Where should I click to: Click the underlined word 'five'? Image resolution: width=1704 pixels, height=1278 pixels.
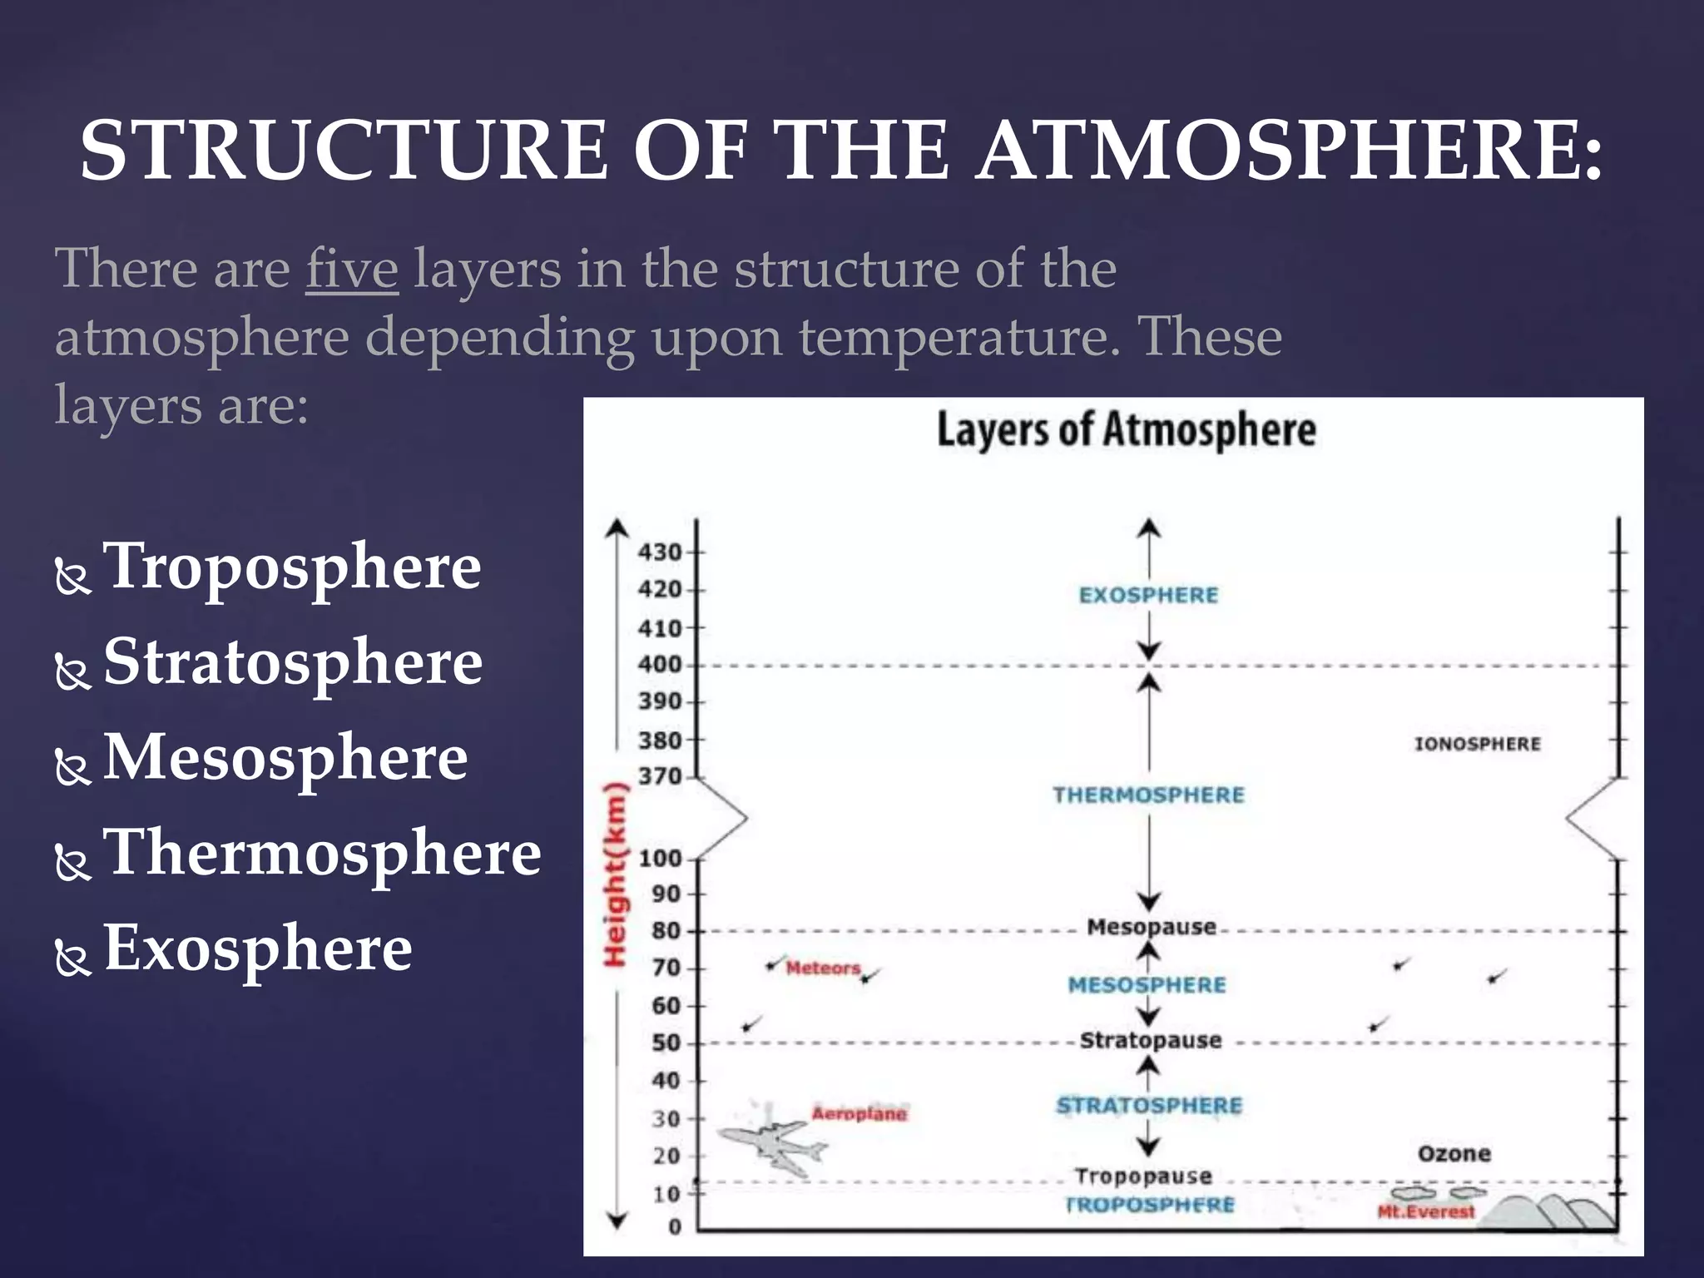click(352, 269)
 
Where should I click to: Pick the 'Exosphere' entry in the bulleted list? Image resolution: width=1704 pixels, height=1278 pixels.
click(258, 948)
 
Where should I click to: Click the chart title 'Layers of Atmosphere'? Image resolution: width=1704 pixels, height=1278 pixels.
click(1127, 430)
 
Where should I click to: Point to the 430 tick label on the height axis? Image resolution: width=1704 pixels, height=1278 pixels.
click(660, 552)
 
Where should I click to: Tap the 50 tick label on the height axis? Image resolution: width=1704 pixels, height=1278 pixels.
click(666, 1043)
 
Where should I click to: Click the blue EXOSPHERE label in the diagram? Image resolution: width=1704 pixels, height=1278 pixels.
click(1148, 595)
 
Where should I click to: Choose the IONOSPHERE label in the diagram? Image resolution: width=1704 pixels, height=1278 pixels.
click(1477, 744)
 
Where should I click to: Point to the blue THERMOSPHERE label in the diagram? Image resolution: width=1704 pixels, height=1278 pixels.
click(1148, 795)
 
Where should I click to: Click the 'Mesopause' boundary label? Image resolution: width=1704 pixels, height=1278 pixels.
click(1152, 927)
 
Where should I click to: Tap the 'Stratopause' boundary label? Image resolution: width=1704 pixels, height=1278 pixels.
click(1151, 1040)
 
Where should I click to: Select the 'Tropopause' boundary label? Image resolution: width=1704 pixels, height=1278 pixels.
click(1143, 1176)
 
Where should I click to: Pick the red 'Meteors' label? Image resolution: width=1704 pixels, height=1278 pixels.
click(823, 968)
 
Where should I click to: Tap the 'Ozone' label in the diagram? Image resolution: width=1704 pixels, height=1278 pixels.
click(1454, 1153)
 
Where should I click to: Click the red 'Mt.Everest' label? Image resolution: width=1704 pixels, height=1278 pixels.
click(1426, 1211)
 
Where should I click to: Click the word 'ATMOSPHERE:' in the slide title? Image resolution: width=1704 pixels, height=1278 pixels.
click(1290, 151)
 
